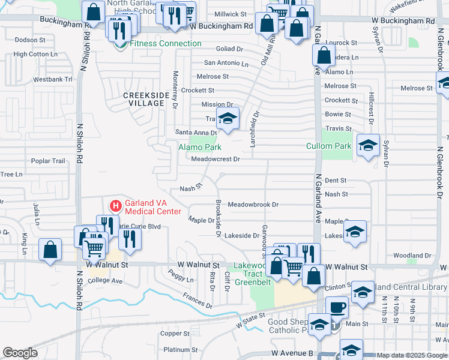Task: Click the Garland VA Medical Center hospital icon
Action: (115, 205)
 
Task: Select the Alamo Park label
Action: (200, 147)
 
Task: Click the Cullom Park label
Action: (336, 146)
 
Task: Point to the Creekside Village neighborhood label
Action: (143, 99)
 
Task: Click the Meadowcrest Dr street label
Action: (215, 159)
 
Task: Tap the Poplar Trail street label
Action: (48, 161)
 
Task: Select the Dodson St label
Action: (30, 40)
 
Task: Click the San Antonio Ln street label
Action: (226, 62)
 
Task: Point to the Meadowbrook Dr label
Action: (253, 205)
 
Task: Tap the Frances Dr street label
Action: (198, 301)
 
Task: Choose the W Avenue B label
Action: (292, 354)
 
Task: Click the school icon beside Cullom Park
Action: (368, 145)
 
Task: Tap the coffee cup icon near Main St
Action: (337, 307)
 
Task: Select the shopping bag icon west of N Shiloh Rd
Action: (50, 250)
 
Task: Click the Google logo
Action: (20, 353)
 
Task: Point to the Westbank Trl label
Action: (52, 79)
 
